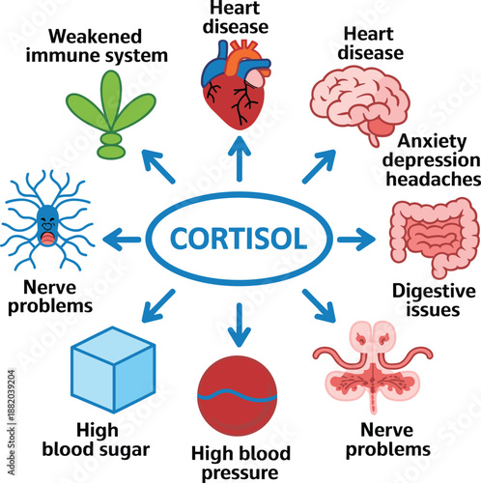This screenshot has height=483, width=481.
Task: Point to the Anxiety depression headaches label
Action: [x=426, y=159]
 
